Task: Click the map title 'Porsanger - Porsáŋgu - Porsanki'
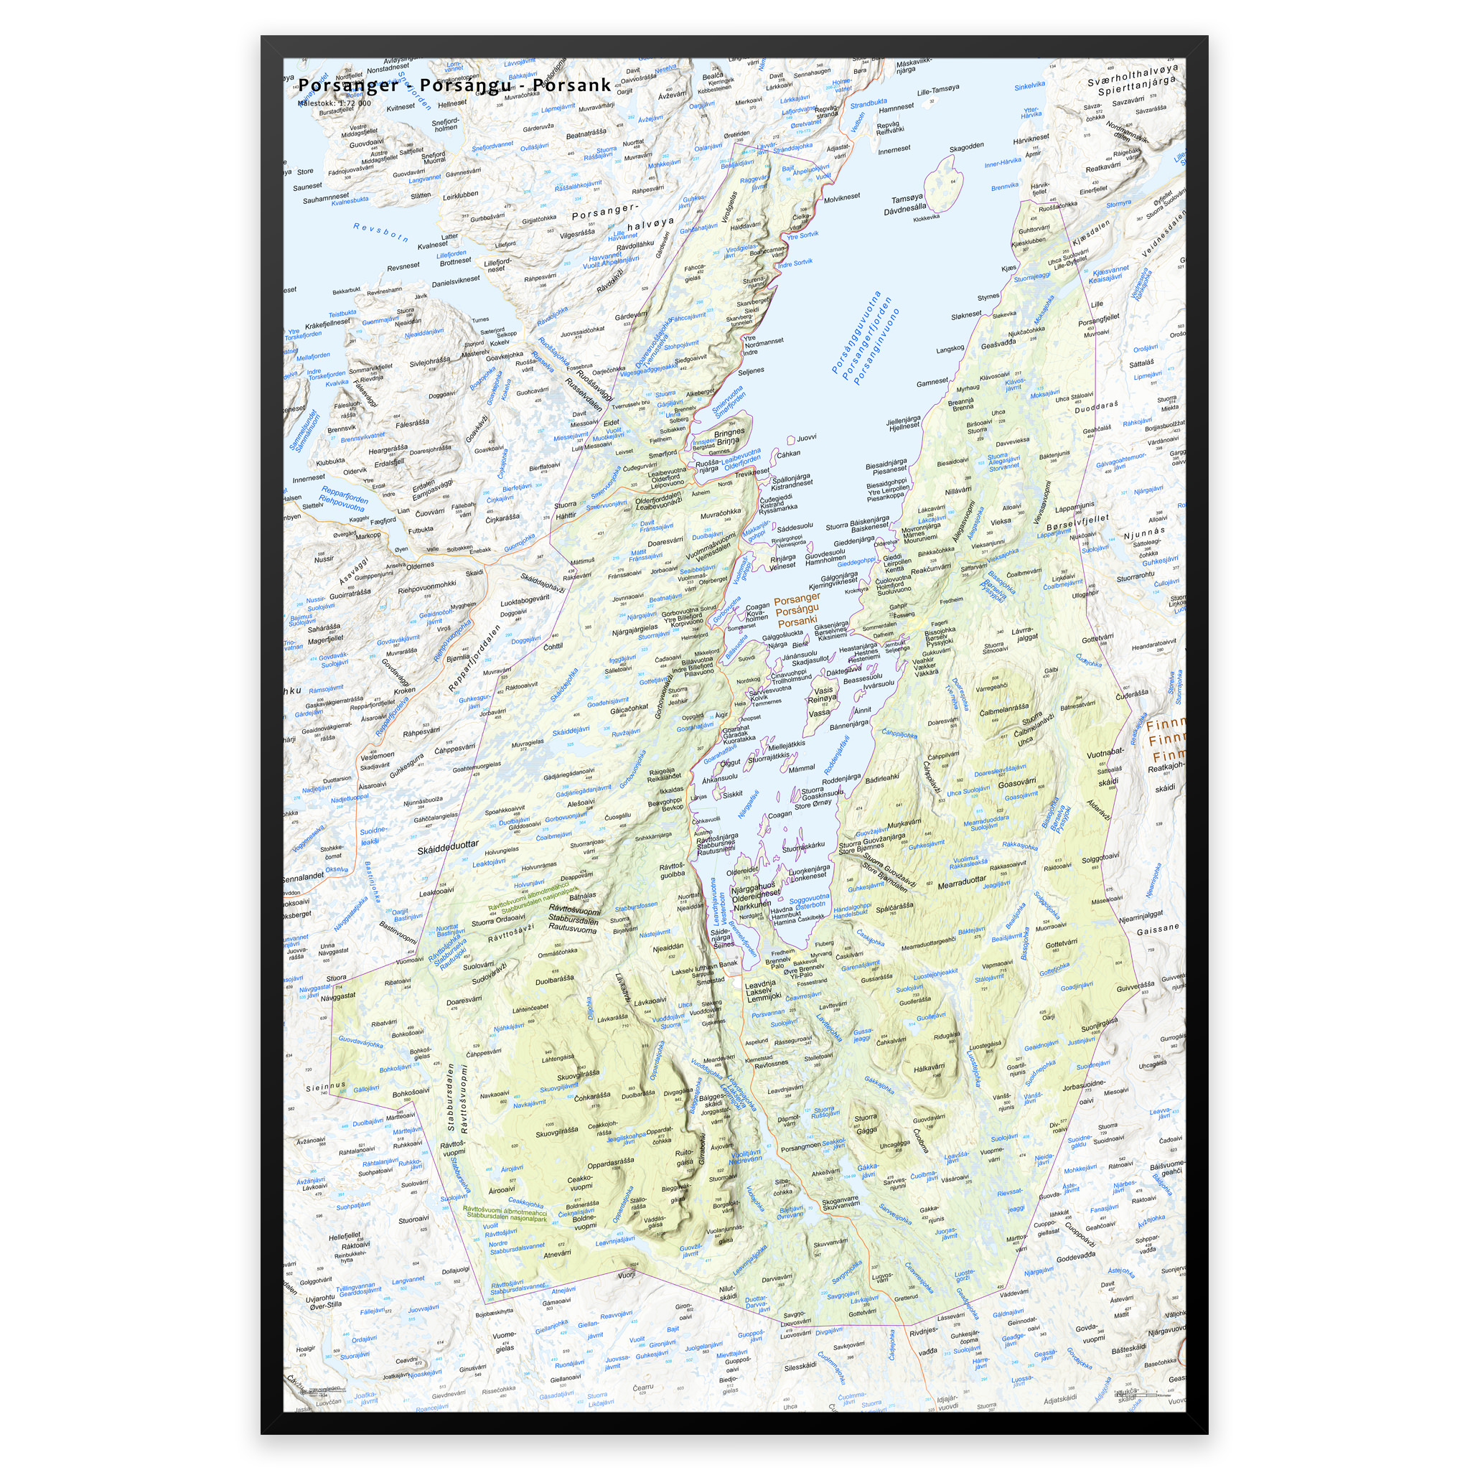click(x=454, y=85)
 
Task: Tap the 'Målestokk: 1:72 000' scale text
click(x=334, y=103)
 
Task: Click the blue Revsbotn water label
click(x=380, y=232)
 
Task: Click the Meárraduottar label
click(x=962, y=884)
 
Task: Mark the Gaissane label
click(x=1157, y=928)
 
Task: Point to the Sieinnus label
click(x=327, y=1086)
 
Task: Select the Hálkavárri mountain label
click(x=929, y=1068)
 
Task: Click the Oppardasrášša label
click(x=609, y=1162)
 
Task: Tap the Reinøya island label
click(x=822, y=698)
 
